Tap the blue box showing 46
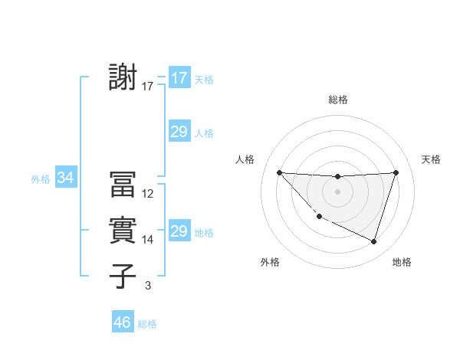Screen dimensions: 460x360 pyautogui.click(x=123, y=322)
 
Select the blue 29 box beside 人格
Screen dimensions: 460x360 pyautogui.click(x=179, y=132)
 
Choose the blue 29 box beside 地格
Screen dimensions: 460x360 pyautogui.click(x=179, y=231)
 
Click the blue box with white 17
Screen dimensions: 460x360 pyautogui.click(x=179, y=78)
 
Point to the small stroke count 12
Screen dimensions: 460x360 pyautogui.click(x=148, y=194)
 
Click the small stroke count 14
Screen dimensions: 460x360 pyautogui.click(x=148, y=240)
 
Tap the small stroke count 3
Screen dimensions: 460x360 pyautogui.click(x=148, y=286)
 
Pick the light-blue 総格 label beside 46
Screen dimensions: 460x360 pyautogui.click(x=147, y=324)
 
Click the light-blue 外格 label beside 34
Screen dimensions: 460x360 pyautogui.click(x=41, y=179)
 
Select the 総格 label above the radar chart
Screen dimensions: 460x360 pyautogui.click(x=337, y=100)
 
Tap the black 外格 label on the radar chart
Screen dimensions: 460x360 pyautogui.click(x=270, y=262)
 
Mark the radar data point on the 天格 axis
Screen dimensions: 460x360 pyautogui.click(x=396, y=172)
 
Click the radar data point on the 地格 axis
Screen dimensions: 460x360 pyautogui.click(x=373, y=241)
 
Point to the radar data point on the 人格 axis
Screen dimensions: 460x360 pyautogui.click(x=279, y=172)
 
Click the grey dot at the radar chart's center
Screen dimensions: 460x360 pyautogui.click(x=337, y=191)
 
